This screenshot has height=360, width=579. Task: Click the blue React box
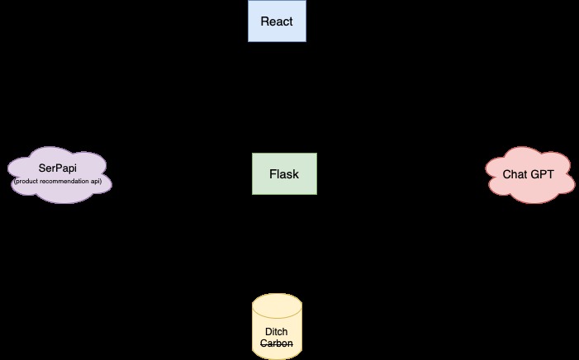pos(277,21)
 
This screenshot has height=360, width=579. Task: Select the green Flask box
pos(283,174)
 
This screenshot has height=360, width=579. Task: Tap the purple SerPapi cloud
pos(60,174)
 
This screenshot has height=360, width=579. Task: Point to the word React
pos(277,21)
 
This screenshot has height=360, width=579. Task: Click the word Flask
pos(283,174)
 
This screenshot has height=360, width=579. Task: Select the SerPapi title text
pos(61,168)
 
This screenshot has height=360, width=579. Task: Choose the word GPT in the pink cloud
pos(542,174)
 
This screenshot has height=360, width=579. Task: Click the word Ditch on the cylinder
pos(277,332)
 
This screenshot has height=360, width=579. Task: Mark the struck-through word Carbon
pos(277,343)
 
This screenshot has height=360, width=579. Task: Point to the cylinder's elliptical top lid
pos(277,302)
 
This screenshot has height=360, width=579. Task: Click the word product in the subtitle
pos(30,180)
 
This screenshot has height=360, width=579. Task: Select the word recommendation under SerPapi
pos(70,180)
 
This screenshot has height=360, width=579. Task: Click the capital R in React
pos(264,21)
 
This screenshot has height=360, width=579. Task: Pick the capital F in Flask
pos(273,174)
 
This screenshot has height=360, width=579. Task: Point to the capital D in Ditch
pos(267,332)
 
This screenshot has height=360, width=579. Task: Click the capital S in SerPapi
pos(42,168)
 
